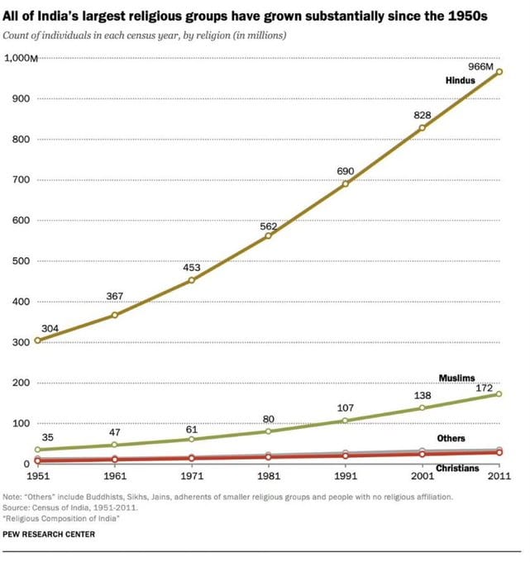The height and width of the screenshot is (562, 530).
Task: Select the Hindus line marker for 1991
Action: pyautogui.click(x=345, y=183)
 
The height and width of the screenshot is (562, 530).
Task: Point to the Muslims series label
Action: pyautogui.click(x=456, y=379)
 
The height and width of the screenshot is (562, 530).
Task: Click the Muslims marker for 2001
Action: pyautogui.click(x=422, y=407)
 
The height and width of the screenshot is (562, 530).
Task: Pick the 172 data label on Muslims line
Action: pyautogui.click(x=484, y=388)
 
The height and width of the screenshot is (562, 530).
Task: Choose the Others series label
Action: pyautogui.click(x=451, y=438)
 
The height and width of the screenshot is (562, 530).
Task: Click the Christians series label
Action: pyautogui.click(x=457, y=469)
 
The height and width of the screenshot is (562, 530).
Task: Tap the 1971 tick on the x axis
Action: pyautogui.click(x=192, y=477)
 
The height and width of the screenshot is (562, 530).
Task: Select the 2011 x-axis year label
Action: pyautogui.click(x=499, y=477)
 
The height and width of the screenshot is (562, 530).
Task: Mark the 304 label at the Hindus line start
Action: pyautogui.click(x=50, y=329)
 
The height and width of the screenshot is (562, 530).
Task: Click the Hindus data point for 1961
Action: pyautogui.click(x=114, y=315)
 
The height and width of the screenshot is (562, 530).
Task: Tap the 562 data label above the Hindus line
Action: pyautogui.click(x=269, y=226)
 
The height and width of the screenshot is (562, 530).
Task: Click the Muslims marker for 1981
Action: pyautogui.click(x=268, y=431)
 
